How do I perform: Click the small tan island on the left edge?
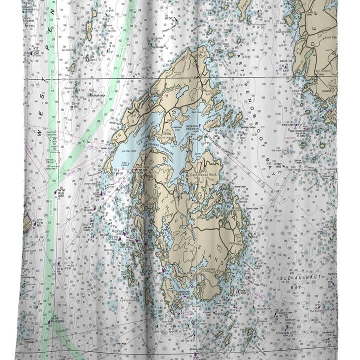(27, 222)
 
